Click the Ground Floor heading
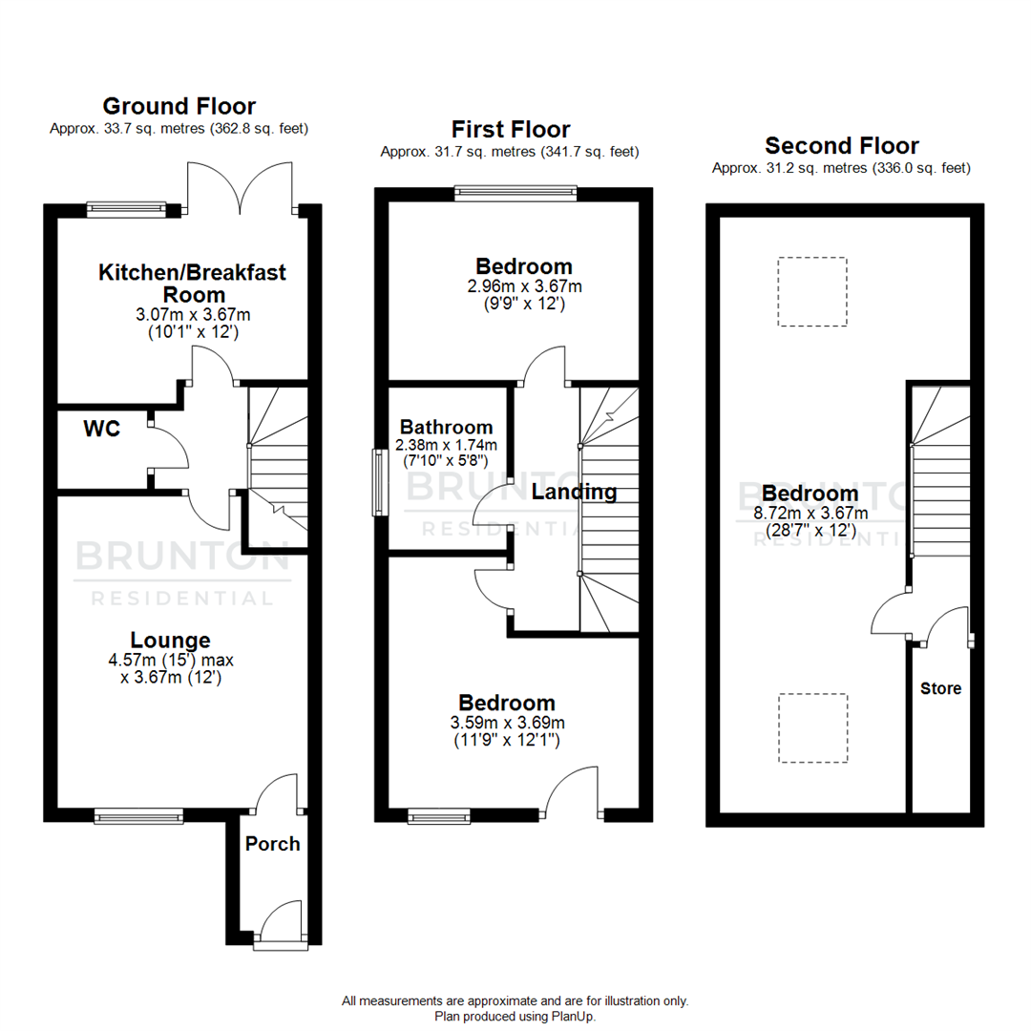tap(179, 106)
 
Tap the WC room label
tap(101, 430)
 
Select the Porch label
tap(272, 844)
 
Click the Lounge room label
tap(172, 641)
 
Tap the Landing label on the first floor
tap(574, 493)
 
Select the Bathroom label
tap(446, 428)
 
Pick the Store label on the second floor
tap(940, 688)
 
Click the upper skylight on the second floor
tap(811, 292)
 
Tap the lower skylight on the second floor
tap(811, 727)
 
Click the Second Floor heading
tap(842, 146)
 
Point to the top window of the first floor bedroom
tap(515, 192)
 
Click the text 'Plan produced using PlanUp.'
tap(515, 1017)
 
